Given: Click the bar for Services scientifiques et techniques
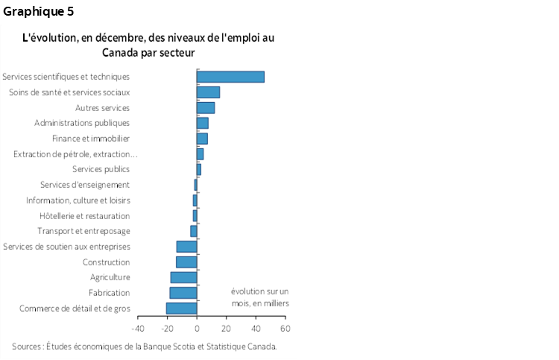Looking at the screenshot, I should pyautogui.click(x=230, y=77).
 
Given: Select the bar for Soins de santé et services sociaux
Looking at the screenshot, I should pyautogui.click(x=208, y=92).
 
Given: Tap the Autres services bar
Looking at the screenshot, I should pyautogui.click(x=206, y=108).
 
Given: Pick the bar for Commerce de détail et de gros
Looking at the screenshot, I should pyautogui.click(x=181, y=309).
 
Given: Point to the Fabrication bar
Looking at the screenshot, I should pyautogui.click(x=183, y=293).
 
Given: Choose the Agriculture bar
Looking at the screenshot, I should pyautogui.click(x=183, y=277).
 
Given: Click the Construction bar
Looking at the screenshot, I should pyautogui.click(x=186, y=262).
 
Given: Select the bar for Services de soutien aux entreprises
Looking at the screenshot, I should pyautogui.click(x=186, y=247).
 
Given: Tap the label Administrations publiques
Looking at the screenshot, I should pyautogui.click(x=82, y=123).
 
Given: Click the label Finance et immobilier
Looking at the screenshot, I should pyautogui.click(x=91, y=139).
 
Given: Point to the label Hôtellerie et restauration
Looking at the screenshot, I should pyautogui.click(x=84, y=216).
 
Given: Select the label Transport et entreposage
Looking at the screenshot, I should pyautogui.click(x=83, y=231).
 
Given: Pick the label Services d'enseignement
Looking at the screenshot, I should pyautogui.click(x=85, y=185).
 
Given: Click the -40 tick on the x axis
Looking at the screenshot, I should pyautogui.click(x=138, y=328).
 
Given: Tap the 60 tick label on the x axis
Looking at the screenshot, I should pyautogui.click(x=285, y=328).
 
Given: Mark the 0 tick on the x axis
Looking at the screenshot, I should pyautogui.click(x=197, y=328).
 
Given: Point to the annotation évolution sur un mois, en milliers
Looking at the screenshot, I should pyautogui.click(x=259, y=297).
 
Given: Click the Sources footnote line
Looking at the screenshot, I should pyautogui.click(x=145, y=346).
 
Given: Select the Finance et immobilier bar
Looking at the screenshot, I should pyautogui.click(x=202, y=139).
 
